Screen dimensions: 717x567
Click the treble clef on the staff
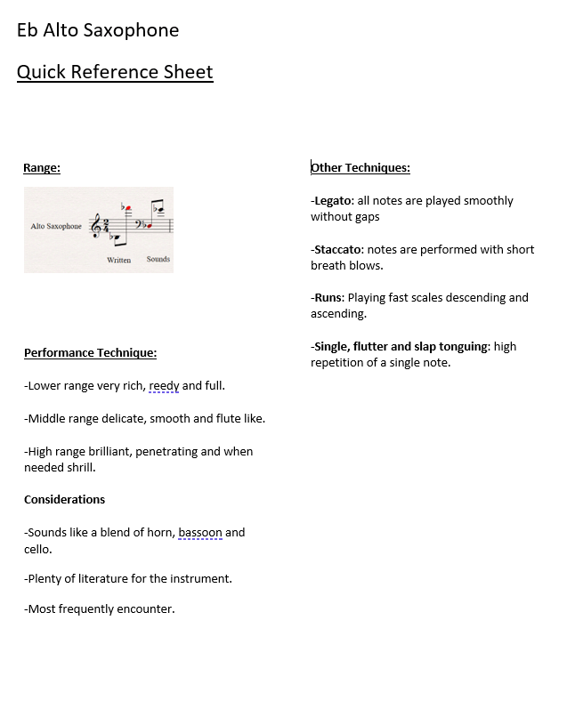(x=94, y=227)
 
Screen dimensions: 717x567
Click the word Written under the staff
(x=118, y=260)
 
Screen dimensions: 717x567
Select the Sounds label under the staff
(x=158, y=259)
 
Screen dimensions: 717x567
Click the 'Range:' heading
(x=42, y=167)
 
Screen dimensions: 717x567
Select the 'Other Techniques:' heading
(x=360, y=167)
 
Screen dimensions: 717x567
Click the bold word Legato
(x=333, y=201)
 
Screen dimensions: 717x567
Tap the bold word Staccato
(x=337, y=249)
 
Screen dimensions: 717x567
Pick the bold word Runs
(x=328, y=297)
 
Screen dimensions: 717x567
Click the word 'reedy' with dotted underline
(x=164, y=386)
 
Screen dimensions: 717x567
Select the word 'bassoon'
(x=200, y=533)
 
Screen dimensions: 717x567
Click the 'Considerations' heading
(x=64, y=499)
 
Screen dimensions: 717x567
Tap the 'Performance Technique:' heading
(x=90, y=353)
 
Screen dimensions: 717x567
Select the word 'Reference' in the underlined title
(x=122, y=72)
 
